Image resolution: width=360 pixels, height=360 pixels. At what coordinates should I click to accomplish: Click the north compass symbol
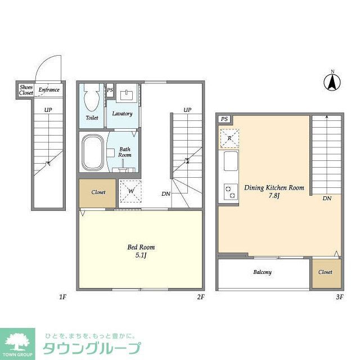(x=332, y=82)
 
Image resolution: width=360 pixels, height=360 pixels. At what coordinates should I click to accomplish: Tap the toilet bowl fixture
(x=92, y=100)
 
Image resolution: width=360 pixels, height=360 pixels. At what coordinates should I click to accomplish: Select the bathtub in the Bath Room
(x=92, y=152)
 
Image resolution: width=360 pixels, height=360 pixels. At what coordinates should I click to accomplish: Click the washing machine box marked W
(x=129, y=191)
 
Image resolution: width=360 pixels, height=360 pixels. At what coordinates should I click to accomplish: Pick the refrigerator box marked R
(x=229, y=138)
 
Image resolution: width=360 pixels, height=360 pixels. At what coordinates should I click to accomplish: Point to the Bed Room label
(x=141, y=250)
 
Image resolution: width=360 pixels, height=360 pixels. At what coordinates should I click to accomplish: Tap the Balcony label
(x=262, y=272)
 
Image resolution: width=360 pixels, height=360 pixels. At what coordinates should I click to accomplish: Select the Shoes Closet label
(x=26, y=90)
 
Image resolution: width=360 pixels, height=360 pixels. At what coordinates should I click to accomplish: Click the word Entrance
(x=48, y=89)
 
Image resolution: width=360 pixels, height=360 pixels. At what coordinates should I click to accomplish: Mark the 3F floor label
(x=339, y=296)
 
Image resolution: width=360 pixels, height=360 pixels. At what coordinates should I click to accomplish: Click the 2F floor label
(x=200, y=296)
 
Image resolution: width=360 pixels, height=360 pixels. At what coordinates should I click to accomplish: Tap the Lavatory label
(x=122, y=114)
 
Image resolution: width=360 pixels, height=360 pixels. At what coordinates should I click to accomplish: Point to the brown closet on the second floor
(x=98, y=192)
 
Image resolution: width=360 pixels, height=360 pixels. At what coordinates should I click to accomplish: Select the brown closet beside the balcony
(x=326, y=272)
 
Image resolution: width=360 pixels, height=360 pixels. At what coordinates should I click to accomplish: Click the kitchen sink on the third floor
(x=230, y=162)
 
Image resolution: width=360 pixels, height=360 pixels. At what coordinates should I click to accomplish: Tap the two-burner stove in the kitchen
(x=229, y=192)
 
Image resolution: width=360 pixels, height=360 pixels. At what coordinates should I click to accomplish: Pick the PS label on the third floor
(x=224, y=119)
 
